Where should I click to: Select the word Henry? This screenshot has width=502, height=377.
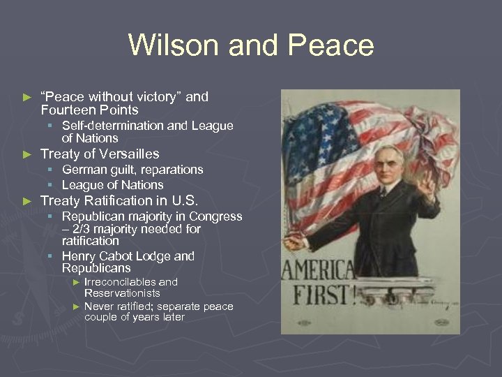[79, 256]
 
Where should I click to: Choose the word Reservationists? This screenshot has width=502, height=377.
[122, 293]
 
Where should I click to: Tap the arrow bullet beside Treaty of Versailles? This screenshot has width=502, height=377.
[28, 154]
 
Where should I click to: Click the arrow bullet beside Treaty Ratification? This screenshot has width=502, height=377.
[28, 200]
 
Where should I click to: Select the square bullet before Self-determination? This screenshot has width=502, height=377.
[51, 126]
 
